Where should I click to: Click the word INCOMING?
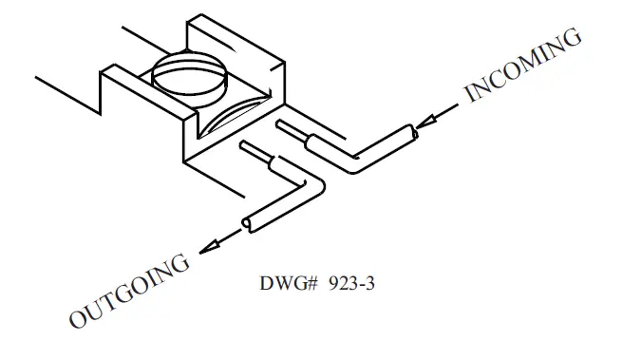[522, 65]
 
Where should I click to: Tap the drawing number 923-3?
[342, 284]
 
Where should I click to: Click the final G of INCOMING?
[572, 38]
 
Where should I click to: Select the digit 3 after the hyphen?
[360, 284]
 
